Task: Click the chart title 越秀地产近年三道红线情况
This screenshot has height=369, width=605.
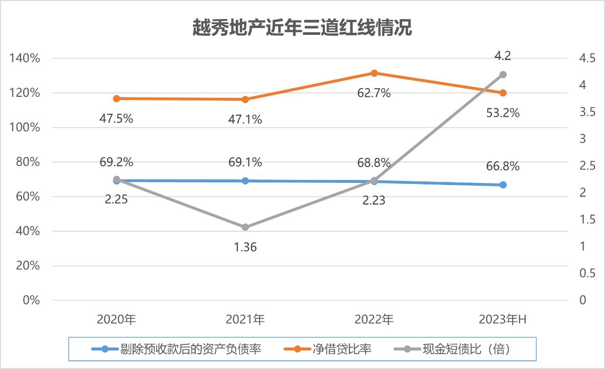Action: pyautogui.click(x=302, y=28)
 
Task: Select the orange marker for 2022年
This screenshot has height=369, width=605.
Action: pyautogui.click(x=374, y=73)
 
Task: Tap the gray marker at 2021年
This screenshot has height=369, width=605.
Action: pyautogui.click(x=245, y=227)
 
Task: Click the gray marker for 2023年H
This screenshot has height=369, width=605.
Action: pyautogui.click(x=503, y=75)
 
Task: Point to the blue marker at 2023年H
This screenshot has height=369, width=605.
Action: pyautogui.click(x=503, y=184)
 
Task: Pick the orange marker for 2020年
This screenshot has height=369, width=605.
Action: pyautogui.click(x=116, y=98)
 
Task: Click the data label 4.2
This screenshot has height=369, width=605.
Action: pyautogui.click(x=503, y=56)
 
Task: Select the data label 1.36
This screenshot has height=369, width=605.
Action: pyautogui.click(x=245, y=247)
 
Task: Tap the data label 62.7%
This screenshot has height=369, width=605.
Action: pyautogui.click(x=374, y=93)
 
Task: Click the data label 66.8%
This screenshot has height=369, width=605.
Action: pyautogui.click(x=503, y=166)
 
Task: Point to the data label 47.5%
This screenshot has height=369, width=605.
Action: pyautogui.click(x=116, y=119)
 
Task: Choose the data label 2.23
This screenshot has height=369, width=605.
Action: pyautogui.click(x=374, y=200)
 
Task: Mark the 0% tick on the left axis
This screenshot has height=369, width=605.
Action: pyautogui.click(x=31, y=300)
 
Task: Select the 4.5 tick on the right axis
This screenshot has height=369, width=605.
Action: pyautogui.click(x=585, y=58)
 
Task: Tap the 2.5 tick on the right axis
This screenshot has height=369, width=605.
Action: pyautogui.click(x=585, y=166)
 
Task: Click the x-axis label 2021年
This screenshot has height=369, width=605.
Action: pyautogui.click(x=245, y=320)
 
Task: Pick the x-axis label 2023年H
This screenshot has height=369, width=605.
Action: pyautogui.click(x=503, y=320)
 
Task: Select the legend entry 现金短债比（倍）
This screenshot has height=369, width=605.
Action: pyautogui.click(x=466, y=350)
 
